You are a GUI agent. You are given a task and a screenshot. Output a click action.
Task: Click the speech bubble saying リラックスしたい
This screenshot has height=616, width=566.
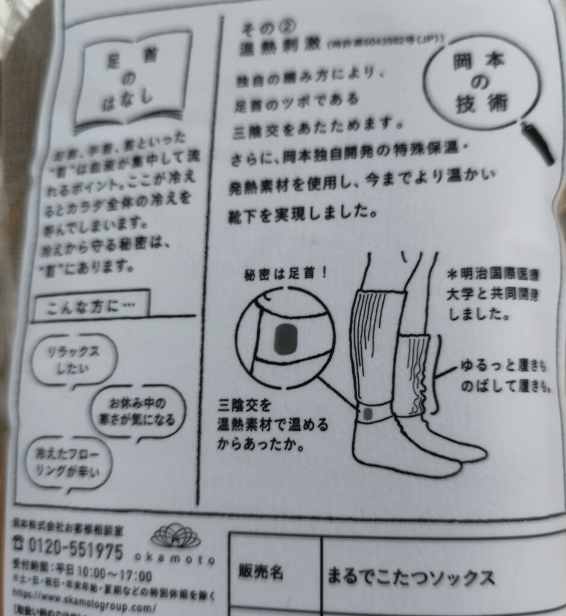point(73,359)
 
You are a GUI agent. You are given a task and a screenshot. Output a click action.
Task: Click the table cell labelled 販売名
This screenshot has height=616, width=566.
point(261,572)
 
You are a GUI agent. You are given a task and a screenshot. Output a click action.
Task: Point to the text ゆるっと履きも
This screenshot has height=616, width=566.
point(505,366)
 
